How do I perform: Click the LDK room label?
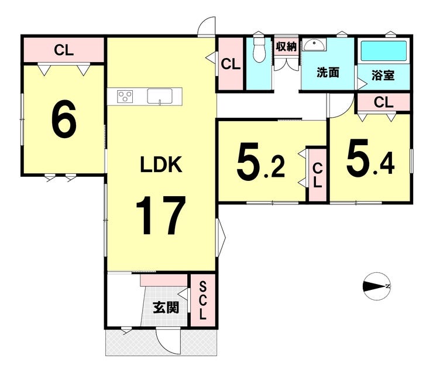point(161,165)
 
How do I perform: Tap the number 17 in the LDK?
point(160,215)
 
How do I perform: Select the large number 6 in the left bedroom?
point(64,119)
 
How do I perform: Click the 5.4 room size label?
point(370,156)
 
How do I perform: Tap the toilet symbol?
point(259,49)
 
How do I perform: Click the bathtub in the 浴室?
point(384,51)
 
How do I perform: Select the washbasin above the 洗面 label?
point(314,45)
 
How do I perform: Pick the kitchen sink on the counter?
point(160,96)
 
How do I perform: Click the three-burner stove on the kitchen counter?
point(125,97)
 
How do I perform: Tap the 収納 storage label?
point(286,46)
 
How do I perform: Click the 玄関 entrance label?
point(166,307)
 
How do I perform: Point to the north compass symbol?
point(376,286)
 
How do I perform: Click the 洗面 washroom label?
point(328,73)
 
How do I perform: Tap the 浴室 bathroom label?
point(383,75)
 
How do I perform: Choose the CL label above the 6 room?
point(64,50)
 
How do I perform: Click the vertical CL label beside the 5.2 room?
point(318,175)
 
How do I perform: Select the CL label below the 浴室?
point(384,102)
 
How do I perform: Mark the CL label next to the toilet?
point(231,64)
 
